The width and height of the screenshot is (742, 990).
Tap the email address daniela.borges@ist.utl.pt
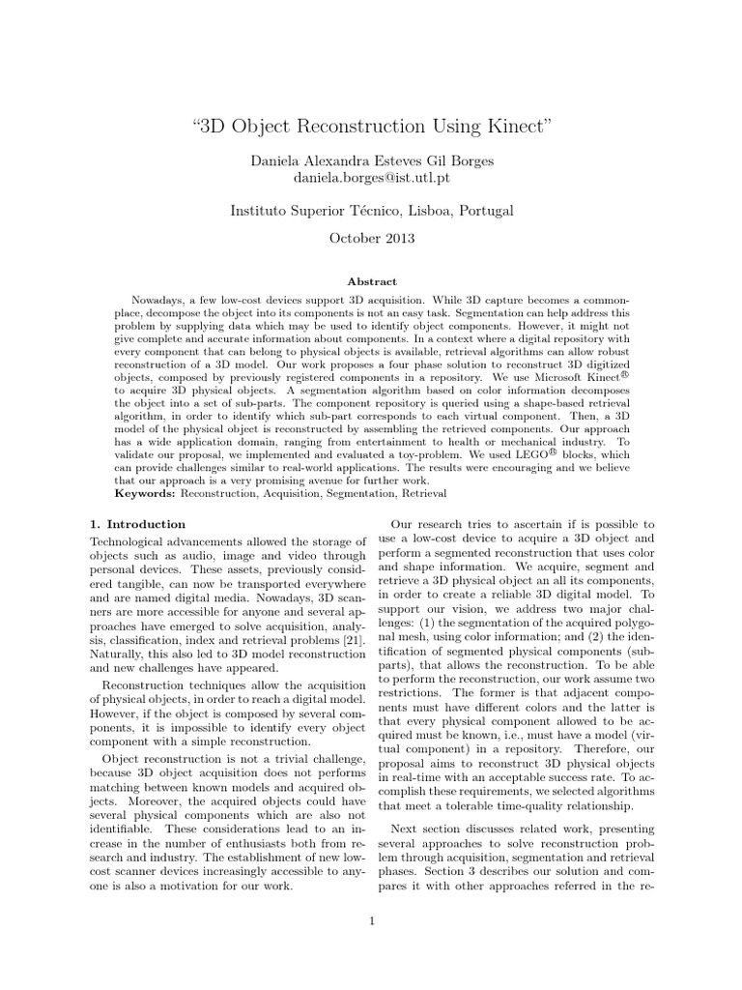point(371,179)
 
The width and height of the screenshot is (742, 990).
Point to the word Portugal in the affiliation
point(479,210)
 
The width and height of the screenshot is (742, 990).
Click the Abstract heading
point(371,282)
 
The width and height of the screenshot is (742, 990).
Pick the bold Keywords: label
point(145,493)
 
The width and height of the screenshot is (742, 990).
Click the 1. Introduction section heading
point(131,524)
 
